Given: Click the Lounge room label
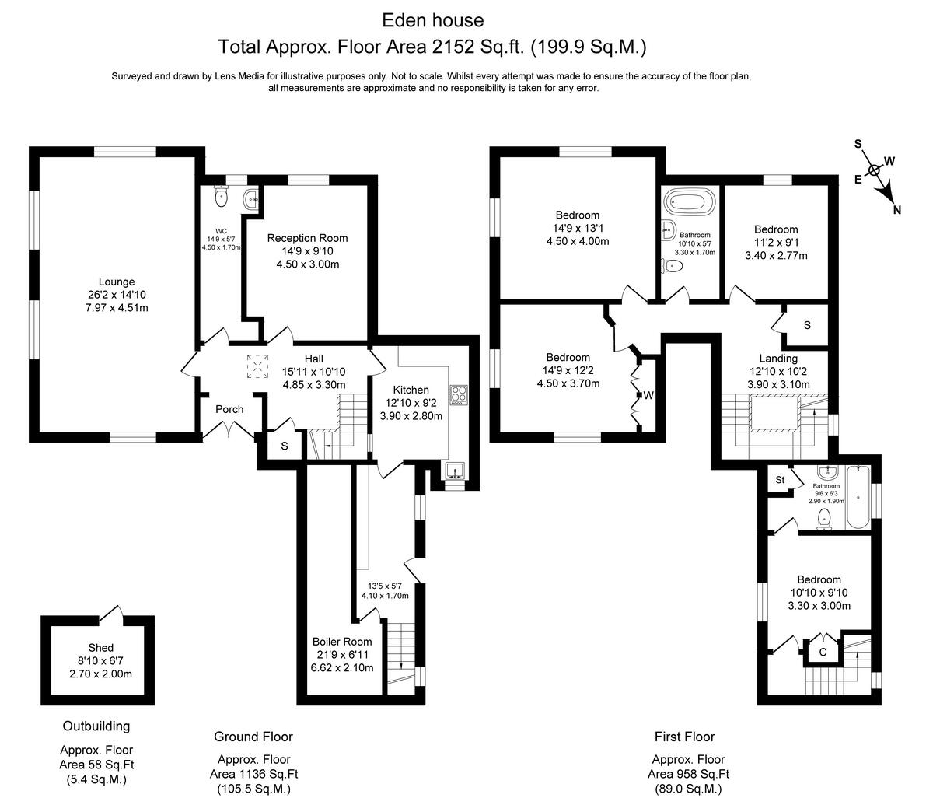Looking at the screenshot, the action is click(117, 282).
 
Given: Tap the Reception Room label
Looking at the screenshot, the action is click(307, 238).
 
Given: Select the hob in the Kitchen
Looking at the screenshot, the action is click(458, 395).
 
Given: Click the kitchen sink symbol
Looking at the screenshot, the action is click(455, 471).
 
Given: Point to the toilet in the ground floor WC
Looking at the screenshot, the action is click(221, 195).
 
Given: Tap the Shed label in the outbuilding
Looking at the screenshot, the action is click(100, 647).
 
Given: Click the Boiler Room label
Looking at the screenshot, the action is click(342, 642).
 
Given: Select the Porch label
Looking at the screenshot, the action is click(229, 409).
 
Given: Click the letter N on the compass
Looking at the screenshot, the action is click(897, 210).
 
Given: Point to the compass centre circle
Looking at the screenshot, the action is click(875, 170).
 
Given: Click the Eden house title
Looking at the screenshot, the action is click(433, 20).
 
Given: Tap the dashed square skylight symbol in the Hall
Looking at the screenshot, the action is click(257, 366).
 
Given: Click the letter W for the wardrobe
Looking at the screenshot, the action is click(648, 396).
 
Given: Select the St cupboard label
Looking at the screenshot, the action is click(780, 480).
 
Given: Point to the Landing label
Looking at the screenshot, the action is click(778, 359).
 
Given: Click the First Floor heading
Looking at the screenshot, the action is click(685, 737).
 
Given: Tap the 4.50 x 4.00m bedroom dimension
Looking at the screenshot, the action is click(578, 241).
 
